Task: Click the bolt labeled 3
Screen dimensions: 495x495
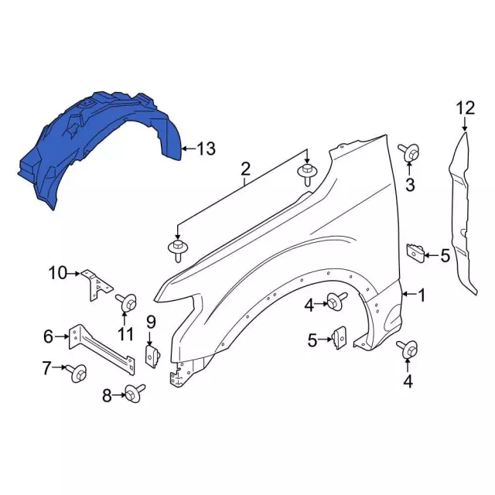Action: point(411,154)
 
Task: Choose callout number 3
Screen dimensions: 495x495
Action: point(411,184)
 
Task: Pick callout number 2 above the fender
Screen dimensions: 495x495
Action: point(245,169)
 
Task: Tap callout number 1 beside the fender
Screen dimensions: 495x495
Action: point(422,295)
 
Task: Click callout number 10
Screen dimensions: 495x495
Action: point(59,272)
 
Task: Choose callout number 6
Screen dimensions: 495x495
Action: point(49,336)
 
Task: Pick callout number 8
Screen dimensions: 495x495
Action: point(107,397)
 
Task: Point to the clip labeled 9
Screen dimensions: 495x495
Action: point(152,355)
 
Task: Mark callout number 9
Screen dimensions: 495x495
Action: point(151,321)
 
